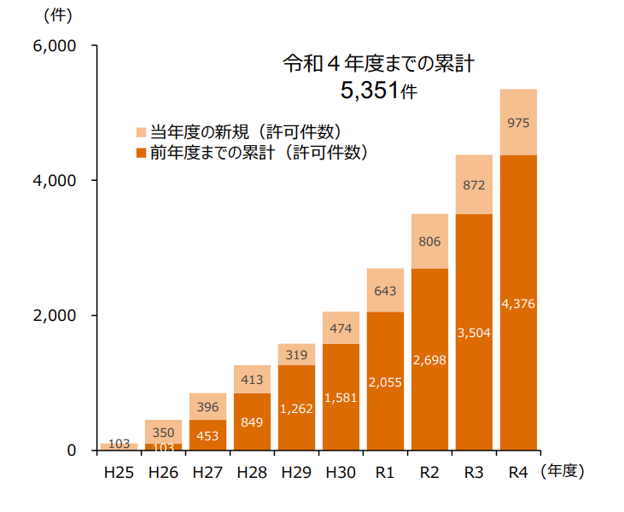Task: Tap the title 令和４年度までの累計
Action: pos(379,63)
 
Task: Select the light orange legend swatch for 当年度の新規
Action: pos(142,132)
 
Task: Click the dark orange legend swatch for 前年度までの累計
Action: pos(142,154)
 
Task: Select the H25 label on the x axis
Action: pos(119,472)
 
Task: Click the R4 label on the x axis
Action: pos(517,472)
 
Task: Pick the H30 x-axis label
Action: pos(341,472)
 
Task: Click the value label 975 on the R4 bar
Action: pos(518,123)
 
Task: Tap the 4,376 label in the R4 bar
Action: pos(518,303)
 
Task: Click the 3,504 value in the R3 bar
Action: pos(474,333)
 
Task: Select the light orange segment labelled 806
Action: pos(429,241)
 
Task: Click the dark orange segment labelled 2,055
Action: pos(385,381)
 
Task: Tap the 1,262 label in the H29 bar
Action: pos(296,408)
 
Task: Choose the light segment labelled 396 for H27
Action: pos(207,406)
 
